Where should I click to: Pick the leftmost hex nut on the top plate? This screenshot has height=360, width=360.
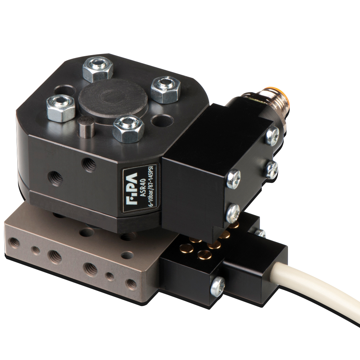(61, 108)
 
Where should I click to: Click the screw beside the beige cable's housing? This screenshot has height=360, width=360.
(218, 287)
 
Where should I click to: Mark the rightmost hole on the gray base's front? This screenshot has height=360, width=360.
(132, 284)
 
